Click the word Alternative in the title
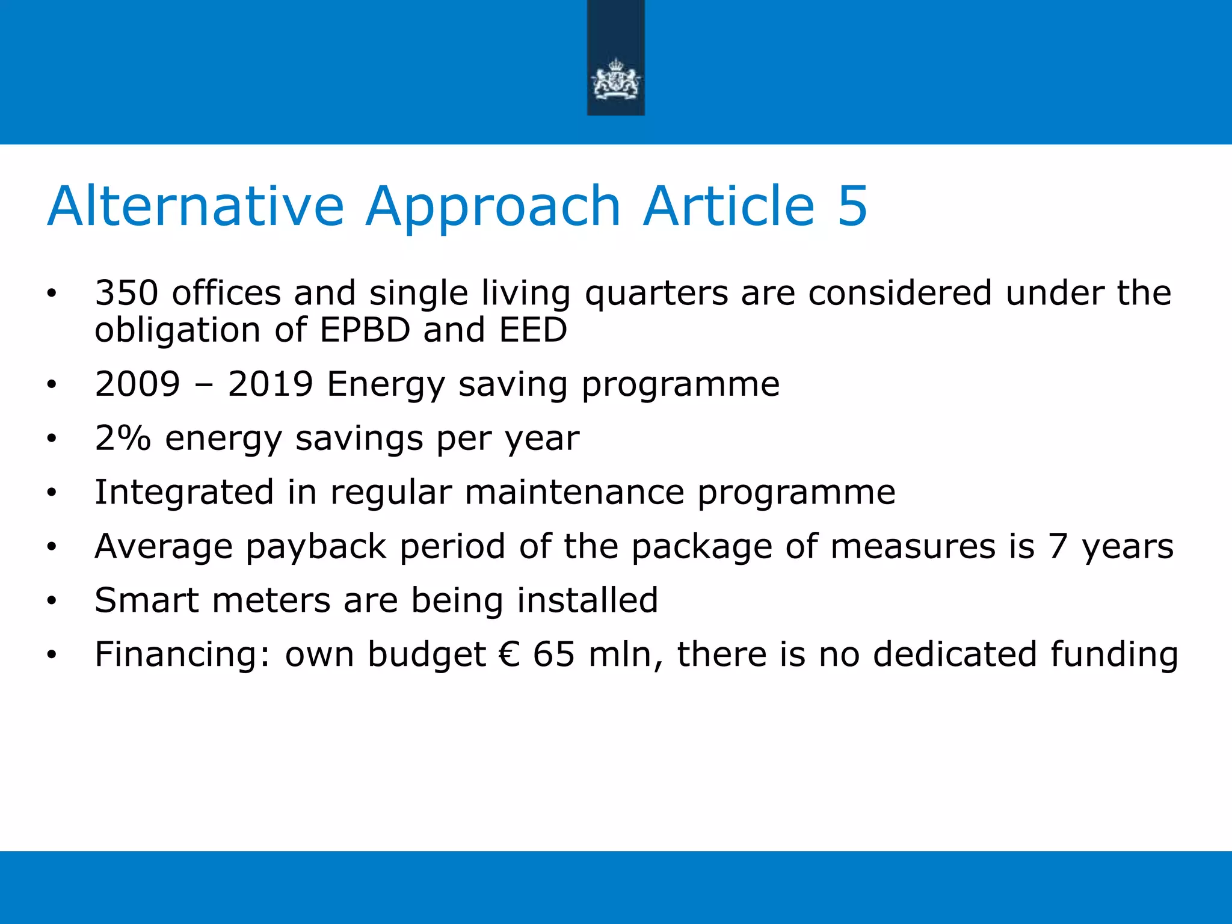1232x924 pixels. coord(196,206)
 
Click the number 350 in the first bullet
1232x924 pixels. coord(126,294)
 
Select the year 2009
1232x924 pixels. coord(138,384)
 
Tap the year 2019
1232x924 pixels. coord(271,384)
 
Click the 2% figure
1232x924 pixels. coord(123,438)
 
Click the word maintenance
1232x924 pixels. coord(574,492)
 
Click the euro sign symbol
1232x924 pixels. coord(509,654)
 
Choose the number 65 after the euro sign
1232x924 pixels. coord(553,654)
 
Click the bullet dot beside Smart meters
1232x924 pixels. coord(52,600)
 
